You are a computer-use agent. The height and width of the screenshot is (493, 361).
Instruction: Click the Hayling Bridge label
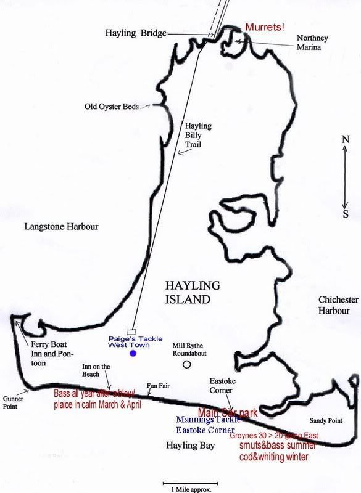point(136,33)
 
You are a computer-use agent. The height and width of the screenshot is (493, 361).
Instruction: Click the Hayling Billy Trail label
point(198,136)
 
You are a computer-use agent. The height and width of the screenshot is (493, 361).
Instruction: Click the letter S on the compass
point(346,214)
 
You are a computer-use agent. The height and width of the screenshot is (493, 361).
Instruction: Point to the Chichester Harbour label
point(338,305)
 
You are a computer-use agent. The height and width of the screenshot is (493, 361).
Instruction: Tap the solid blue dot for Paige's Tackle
point(133,354)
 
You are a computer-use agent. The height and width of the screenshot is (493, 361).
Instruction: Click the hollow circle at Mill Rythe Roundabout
point(187,364)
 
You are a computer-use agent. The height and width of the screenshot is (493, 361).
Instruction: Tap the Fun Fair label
point(157,386)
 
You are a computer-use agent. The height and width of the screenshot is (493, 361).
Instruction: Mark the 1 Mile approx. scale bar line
point(191,483)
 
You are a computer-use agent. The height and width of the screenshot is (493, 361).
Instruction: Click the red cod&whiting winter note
point(275,457)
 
